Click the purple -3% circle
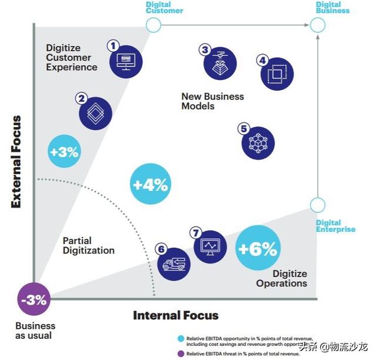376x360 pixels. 34,300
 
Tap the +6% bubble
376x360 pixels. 257,249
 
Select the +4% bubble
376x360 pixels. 150,185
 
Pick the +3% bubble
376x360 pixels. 64,152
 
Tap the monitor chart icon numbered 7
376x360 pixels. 209,245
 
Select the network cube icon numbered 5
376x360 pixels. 258,141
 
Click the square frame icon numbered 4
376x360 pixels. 274,74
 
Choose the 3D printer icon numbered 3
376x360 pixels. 219,64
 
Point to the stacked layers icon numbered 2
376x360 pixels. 96,111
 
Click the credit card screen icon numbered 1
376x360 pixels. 126,59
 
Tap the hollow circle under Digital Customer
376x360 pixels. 153,25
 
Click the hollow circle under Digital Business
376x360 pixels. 317,25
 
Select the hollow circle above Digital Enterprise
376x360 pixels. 317,205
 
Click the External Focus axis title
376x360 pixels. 16,161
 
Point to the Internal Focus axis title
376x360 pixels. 176,315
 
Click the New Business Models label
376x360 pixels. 212,101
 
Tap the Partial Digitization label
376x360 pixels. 88,245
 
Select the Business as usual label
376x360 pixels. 35,331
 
